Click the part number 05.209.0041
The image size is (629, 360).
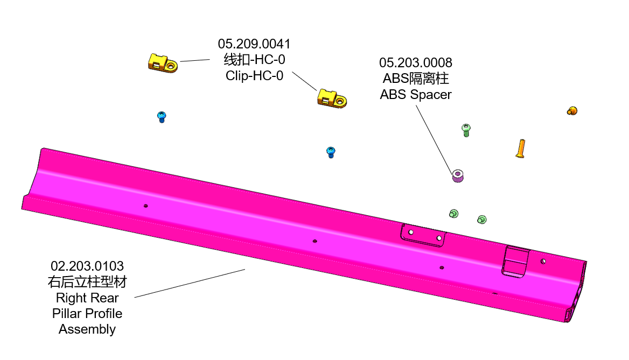click(254, 44)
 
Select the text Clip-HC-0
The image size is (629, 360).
click(254, 75)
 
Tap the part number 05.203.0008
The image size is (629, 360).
click(415, 63)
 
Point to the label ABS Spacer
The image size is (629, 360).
click(415, 95)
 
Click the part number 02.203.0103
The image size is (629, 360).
click(87, 266)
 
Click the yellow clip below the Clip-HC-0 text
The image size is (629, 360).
click(331, 98)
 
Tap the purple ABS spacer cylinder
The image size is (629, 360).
click(458, 176)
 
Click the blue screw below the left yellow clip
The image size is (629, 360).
click(162, 116)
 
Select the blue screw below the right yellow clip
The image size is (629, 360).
click(331, 152)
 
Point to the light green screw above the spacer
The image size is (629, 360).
click(466, 130)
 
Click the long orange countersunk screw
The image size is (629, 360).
click(520, 148)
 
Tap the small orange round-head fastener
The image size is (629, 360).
click(572, 111)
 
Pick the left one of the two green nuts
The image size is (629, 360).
click(453, 214)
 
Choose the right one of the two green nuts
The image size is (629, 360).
click(482, 219)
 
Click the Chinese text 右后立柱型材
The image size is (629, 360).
click(87, 282)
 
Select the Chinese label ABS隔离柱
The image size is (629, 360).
click(415, 79)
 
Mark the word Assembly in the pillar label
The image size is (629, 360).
click(87, 329)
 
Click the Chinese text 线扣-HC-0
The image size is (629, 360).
click(254, 59)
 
